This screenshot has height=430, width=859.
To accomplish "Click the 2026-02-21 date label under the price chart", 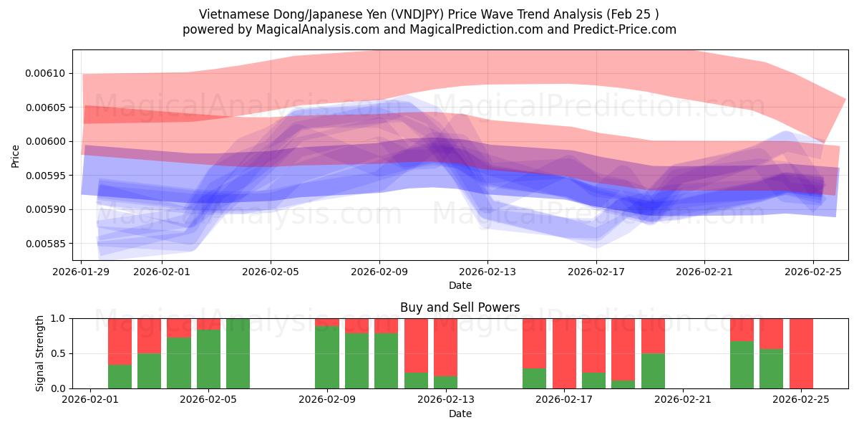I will pyautogui.click(x=704, y=272).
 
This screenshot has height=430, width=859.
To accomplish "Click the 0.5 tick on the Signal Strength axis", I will pyautogui.click(x=58, y=353).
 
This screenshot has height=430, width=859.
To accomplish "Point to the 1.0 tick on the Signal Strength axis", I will pyautogui.click(x=58, y=318).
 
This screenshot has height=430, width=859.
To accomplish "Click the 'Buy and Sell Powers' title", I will pyautogui.click(x=460, y=307).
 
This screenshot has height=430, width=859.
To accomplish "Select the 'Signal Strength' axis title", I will pyautogui.click(x=40, y=353).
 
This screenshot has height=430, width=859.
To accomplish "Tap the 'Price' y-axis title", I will pyautogui.click(x=16, y=156).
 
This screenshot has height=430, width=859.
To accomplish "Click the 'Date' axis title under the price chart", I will pyautogui.click(x=460, y=285).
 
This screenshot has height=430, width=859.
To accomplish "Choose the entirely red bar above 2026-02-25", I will pyautogui.click(x=801, y=353).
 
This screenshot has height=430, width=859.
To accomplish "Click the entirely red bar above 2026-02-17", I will pyautogui.click(x=564, y=353).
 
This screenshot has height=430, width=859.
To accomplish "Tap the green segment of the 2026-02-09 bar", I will pyautogui.click(x=327, y=357).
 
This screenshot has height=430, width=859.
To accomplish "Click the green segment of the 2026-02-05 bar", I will pyautogui.click(x=208, y=359).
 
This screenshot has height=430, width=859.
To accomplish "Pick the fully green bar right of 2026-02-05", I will pyautogui.click(x=238, y=353).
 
